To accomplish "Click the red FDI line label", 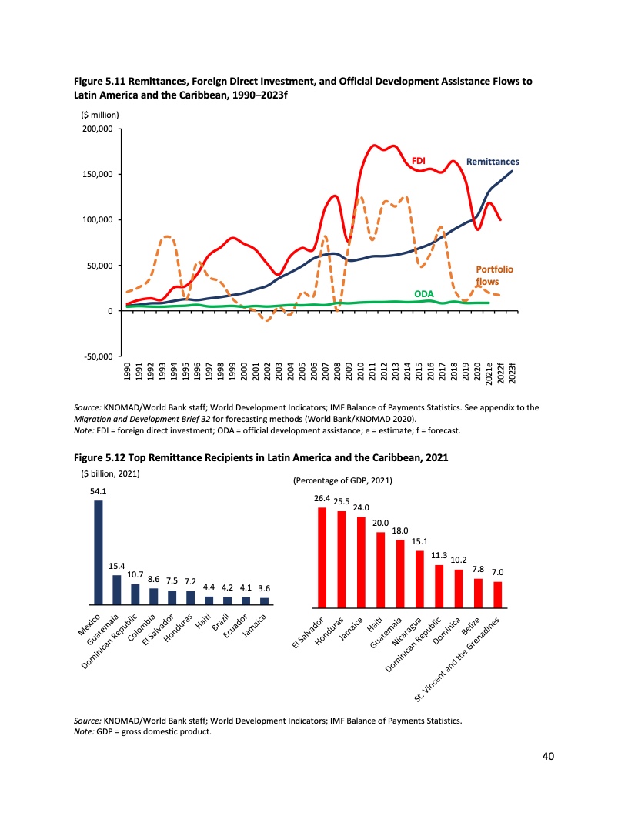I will click(419, 161).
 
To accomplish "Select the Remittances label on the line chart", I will click(493, 162).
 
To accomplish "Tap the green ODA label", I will click(423, 294).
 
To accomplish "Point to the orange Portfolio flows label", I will click(494, 276).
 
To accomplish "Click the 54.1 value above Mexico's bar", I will click(99, 491).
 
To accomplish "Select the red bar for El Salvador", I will click(322, 557).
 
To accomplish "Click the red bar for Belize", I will click(478, 591).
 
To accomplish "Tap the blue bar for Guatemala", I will click(117, 590).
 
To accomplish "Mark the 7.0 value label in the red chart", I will click(497, 573).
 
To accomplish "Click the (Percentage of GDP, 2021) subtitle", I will click(342, 481).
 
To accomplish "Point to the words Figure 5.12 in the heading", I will click(101, 457).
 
